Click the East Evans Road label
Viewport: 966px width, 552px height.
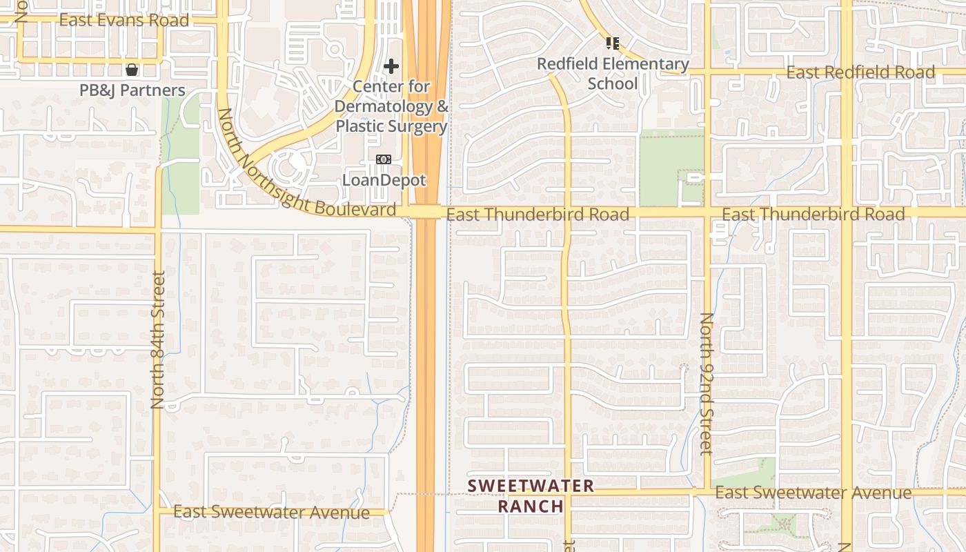click(124, 20)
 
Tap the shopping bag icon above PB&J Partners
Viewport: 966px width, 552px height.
click(132, 70)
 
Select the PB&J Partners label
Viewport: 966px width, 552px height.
click(132, 90)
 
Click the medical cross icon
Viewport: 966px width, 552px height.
click(391, 66)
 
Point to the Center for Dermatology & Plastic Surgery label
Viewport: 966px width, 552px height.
click(391, 107)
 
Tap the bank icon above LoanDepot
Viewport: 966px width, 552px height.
click(384, 159)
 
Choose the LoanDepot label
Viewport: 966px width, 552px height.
click(384, 180)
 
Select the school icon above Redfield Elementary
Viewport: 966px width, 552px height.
click(613, 43)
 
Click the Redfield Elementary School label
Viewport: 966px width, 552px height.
click(613, 74)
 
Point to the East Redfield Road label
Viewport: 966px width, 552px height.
click(860, 72)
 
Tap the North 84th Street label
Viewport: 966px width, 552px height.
click(158, 339)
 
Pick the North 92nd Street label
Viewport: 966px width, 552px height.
click(706, 384)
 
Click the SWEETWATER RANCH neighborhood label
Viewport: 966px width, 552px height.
click(531, 495)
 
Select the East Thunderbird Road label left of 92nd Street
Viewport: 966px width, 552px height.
click(538, 215)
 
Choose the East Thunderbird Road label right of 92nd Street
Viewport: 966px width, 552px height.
click(813, 215)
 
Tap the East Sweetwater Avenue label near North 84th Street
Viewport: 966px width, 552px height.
click(271, 512)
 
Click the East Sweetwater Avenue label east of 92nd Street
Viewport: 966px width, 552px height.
click(813, 493)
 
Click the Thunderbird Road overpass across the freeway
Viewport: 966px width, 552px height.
click(426, 212)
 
